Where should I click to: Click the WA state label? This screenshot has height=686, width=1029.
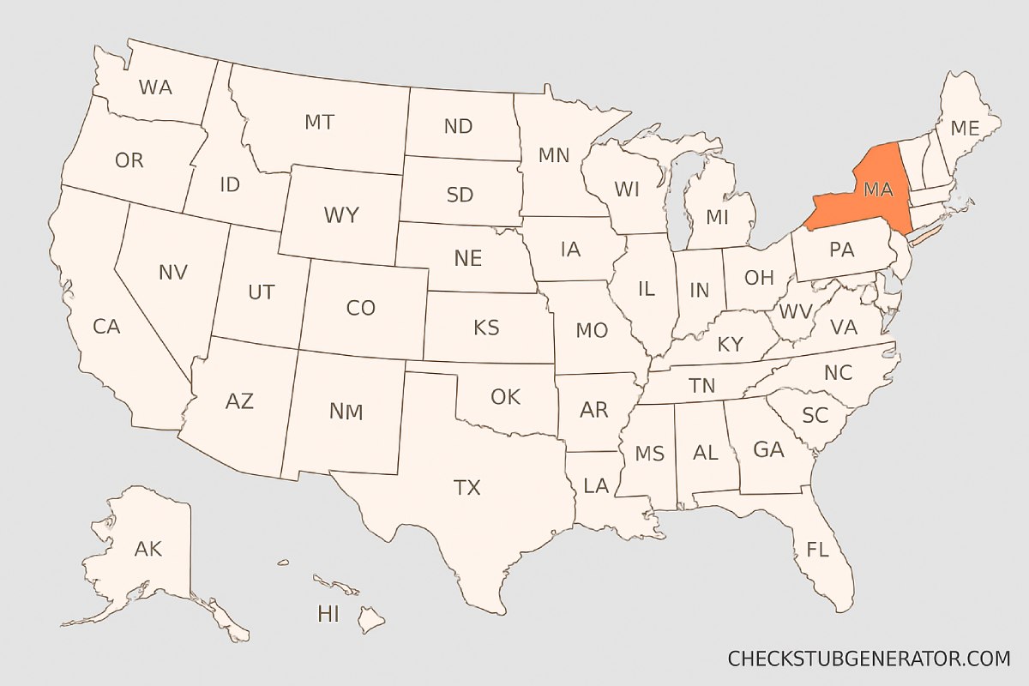[x=155, y=87]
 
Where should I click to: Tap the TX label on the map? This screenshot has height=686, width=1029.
[x=466, y=488]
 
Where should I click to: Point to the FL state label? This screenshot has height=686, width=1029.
[x=817, y=549]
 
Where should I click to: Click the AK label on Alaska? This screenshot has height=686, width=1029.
[x=148, y=549]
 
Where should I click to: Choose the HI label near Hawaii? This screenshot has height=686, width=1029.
[x=328, y=613]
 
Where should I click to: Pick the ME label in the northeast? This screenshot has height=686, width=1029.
[x=964, y=128]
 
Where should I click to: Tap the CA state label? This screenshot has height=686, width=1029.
[x=106, y=326]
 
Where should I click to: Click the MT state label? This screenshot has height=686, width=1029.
[x=319, y=122]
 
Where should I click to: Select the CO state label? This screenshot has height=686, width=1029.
[x=361, y=308]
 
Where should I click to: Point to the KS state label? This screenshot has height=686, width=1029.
[x=487, y=327]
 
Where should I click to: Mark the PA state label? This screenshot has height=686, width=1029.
[x=841, y=251]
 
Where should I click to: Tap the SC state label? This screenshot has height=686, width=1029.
[x=815, y=415]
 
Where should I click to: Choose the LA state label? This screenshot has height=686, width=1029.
[x=596, y=486]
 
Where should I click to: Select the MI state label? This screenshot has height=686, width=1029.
[x=717, y=217]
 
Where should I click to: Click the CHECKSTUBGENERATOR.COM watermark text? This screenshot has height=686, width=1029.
[x=869, y=659]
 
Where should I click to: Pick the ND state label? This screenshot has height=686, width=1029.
[x=458, y=126]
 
